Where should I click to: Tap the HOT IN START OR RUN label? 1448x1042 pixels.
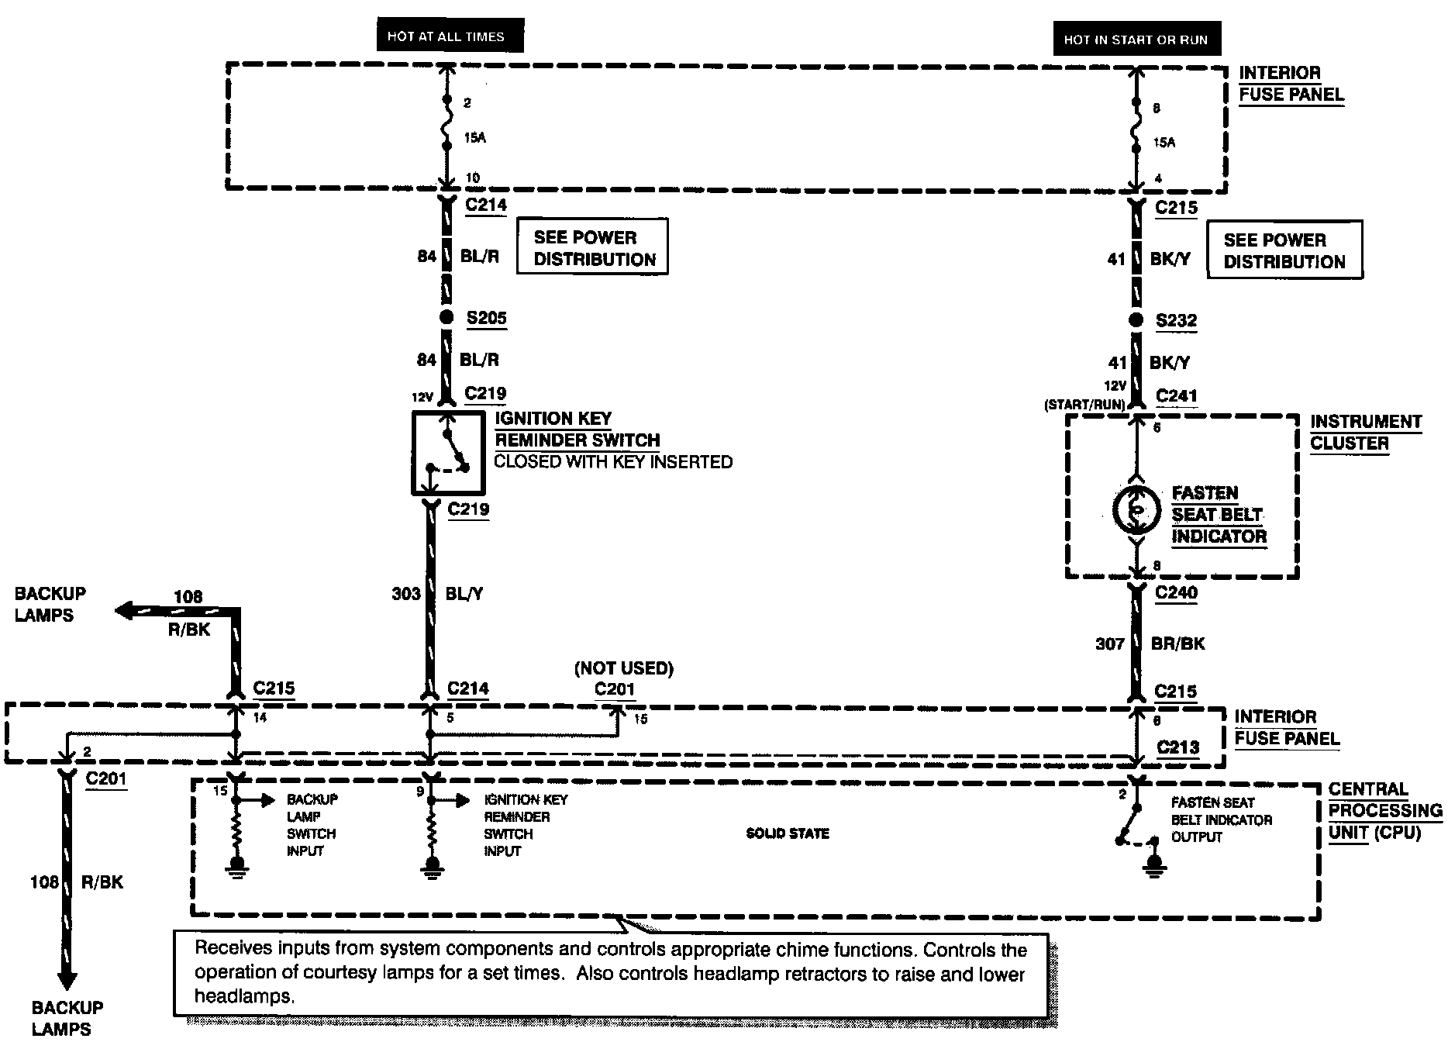point(1136,40)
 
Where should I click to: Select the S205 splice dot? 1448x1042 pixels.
point(446,317)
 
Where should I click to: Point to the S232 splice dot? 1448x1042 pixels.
point(1136,320)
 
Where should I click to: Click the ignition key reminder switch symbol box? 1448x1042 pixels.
point(448,453)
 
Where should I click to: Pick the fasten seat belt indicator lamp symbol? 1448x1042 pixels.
point(1136,510)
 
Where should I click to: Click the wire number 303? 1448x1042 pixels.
point(406,594)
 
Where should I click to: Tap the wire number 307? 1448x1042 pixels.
point(1109,643)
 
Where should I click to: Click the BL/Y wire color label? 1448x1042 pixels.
point(464,594)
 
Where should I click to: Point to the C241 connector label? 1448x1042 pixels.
point(1176,396)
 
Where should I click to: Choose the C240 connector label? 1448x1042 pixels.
point(1176,593)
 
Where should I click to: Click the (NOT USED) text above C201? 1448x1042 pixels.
point(624,668)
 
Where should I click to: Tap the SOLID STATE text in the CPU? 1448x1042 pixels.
point(788,833)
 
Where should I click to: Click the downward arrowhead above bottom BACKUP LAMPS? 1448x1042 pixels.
point(67,978)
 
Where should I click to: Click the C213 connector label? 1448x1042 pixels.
point(1177,747)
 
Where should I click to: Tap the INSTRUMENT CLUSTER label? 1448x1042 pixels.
point(1366,433)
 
